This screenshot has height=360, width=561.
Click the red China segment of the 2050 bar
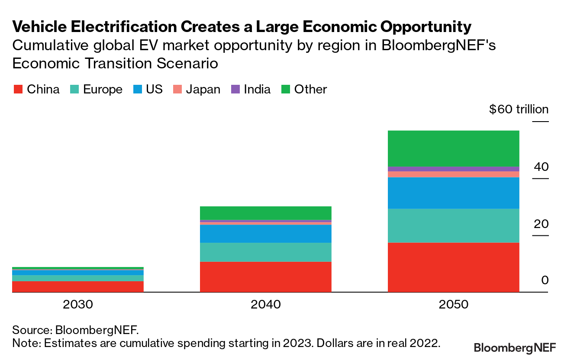[x=453, y=267]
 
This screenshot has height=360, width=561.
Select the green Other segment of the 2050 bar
[x=453, y=148]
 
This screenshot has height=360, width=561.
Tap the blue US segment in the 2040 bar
[x=265, y=234]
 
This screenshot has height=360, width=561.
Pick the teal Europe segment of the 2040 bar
[x=265, y=252]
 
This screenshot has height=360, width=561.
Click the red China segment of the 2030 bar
[x=78, y=286]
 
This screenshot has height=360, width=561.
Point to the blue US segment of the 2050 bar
[x=453, y=193]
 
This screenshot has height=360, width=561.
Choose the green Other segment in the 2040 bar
[x=265, y=213]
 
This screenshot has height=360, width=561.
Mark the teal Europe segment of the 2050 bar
[x=453, y=225]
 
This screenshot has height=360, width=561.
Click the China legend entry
[x=36, y=90]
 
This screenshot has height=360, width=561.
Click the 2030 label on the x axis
[x=78, y=304]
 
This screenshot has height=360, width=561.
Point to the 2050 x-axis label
[x=453, y=304]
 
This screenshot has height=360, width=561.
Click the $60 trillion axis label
[x=519, y=109]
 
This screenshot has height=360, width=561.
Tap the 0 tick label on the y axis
[x=545, y=280]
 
